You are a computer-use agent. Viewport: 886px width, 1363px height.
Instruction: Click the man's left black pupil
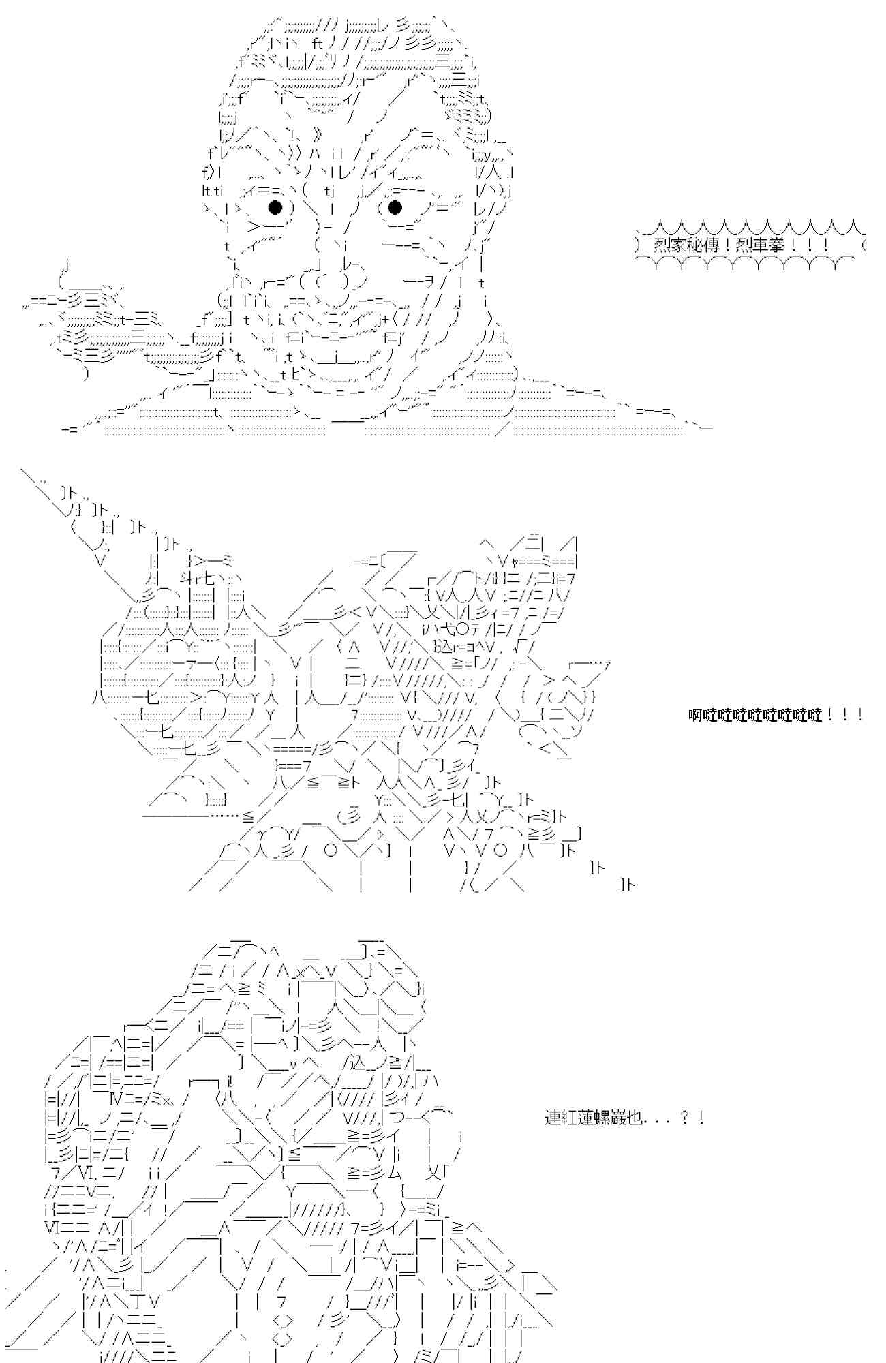pos(275,206)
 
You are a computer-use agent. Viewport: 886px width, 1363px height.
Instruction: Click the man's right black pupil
pos(394,206)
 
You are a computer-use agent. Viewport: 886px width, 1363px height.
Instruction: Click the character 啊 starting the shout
pos(696,715)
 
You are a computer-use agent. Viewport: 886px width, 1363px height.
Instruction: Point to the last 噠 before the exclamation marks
pos(815,715)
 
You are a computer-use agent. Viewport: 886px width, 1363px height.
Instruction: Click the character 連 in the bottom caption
pos(553,1118)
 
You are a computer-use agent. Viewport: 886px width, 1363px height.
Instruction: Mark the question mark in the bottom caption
pos(685,1118)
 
